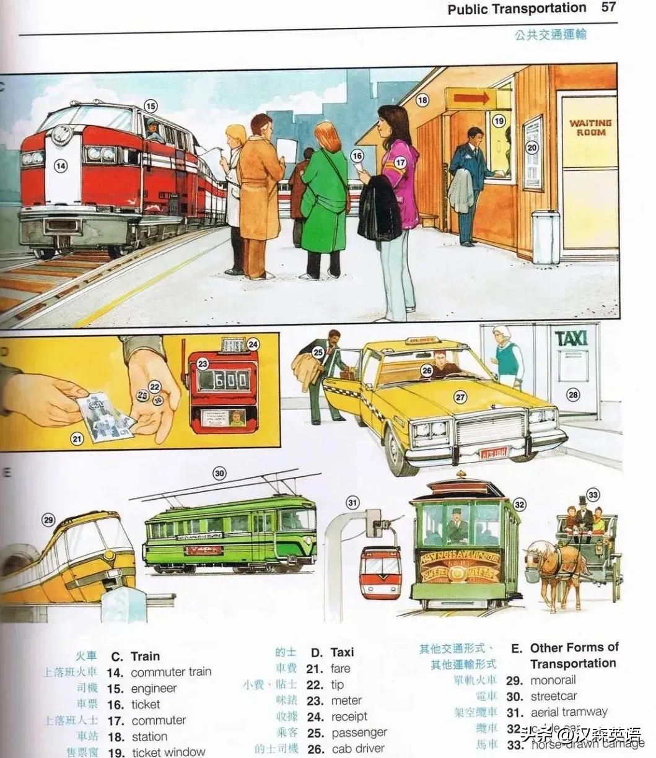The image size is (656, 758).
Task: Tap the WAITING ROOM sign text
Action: click(589, 128)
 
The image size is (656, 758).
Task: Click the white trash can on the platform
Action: click(545, 237)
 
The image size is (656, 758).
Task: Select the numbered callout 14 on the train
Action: click(60, 165)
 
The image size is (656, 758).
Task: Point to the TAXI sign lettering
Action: click(571, 339)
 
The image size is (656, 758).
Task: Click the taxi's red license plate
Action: click(494, 452)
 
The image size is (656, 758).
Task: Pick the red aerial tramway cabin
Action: click(380, 572)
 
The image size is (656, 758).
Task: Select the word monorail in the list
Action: click(553, 680)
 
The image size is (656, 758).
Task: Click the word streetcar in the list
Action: click(553, 696)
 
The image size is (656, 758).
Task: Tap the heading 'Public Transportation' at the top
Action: click(517, 9)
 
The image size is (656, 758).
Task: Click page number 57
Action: click(609, 8)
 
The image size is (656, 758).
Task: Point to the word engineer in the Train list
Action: click(154, 688)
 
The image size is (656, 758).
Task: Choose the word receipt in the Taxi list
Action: click(349, 717)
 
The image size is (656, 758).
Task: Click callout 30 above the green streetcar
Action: click(219, 474)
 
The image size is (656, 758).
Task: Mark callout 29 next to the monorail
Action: click(48, 520)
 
